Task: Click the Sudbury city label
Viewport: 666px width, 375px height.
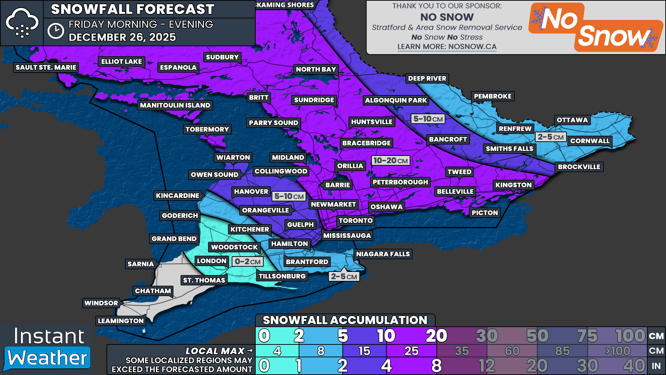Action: click(222, 57)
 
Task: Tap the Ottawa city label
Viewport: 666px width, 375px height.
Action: click(572, 120)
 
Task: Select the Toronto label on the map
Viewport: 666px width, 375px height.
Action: click(356, 220)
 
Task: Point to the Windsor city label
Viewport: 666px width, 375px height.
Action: click(101, 303)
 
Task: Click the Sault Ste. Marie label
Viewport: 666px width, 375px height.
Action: click(46, 67)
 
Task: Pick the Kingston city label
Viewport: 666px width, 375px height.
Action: click(513, 185)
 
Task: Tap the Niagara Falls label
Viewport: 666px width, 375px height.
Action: click(383, 254)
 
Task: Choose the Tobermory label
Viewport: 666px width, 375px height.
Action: click(207, 130)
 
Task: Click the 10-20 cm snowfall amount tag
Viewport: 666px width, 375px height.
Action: click(390, 160)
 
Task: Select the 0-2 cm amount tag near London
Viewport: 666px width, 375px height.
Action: click(247, 261)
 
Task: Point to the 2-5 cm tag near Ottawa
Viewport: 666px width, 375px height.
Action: click(550, 137)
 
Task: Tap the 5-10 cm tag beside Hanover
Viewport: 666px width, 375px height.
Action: click(289, 196)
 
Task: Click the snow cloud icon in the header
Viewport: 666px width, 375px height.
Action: click(22, 23)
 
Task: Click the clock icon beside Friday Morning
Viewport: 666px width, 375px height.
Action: click(55, 31)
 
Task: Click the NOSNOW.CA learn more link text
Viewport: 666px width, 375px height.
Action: click(447, 47)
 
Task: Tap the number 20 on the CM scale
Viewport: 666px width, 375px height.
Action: click(436, 336)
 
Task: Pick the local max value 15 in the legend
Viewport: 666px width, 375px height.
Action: click(364, 351)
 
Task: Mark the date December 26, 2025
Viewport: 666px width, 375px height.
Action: click(122, 37)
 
